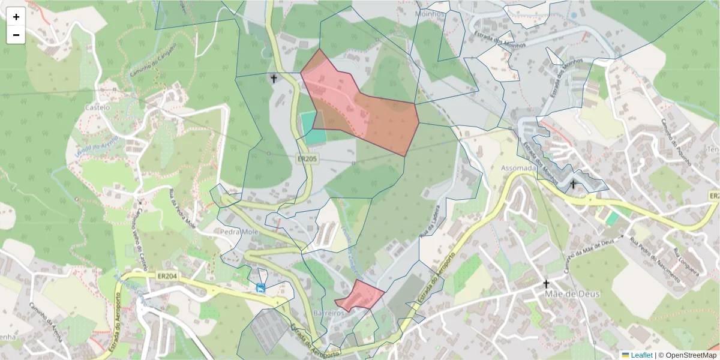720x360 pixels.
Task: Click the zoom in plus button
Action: coord(16,17)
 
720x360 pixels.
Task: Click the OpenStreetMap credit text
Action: coord(689,355)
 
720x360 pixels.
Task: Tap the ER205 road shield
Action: coord(307,158)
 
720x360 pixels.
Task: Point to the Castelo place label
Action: coord(98,107)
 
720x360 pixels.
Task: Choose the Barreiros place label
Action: coord(328,314)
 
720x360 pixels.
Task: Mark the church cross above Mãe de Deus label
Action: coord(546,283)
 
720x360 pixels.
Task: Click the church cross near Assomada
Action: coord(573,184)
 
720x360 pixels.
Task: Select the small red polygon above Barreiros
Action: coord(361,296)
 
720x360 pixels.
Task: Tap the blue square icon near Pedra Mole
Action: coord(260,288)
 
